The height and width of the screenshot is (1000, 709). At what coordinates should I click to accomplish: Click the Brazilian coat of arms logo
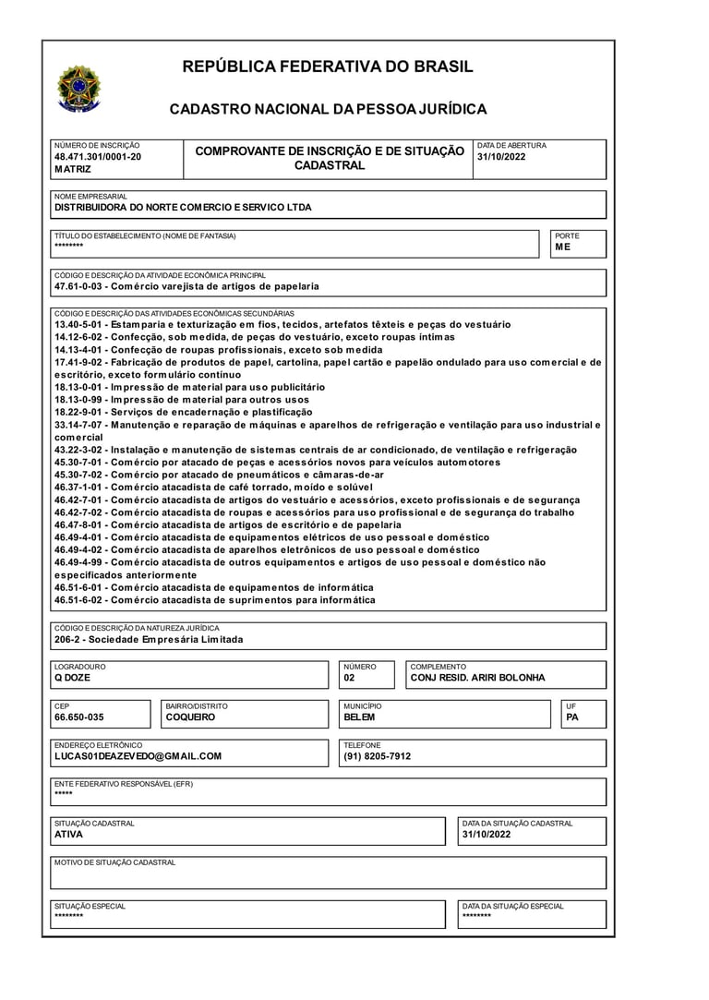coord(79,90)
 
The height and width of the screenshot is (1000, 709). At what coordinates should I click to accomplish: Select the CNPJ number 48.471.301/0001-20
coord(98,157)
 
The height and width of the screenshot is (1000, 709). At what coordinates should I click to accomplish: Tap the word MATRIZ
coord(73,170)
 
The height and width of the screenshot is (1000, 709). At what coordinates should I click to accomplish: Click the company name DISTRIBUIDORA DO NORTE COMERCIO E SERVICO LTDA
coord(183,208)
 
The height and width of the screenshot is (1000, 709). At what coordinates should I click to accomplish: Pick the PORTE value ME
coord(563,247)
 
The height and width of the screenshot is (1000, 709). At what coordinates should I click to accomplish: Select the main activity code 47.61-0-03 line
coord(186,286)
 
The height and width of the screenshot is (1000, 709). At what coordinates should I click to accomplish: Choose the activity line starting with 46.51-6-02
coord(215,599)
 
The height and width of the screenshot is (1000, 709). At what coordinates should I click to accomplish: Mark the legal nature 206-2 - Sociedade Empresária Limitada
coord(149,639)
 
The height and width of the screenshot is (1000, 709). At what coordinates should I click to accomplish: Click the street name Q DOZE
coord(72,678)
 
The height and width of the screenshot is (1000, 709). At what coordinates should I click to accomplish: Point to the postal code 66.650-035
coord(79,717)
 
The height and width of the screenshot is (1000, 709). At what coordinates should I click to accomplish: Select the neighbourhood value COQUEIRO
coord(190,717)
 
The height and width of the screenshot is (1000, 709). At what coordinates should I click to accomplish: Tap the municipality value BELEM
coord(359,717)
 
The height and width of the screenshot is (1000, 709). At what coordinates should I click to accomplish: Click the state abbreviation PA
coord(572,717)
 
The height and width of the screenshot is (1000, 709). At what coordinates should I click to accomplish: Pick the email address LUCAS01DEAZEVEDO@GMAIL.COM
coord(138,756)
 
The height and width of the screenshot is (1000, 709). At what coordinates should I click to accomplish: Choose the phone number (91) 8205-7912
coord(377,756)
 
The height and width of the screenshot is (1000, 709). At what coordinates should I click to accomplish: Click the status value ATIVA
coord(68,834)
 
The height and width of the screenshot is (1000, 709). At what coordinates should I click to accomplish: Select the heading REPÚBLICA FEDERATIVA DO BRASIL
coord(328,66)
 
